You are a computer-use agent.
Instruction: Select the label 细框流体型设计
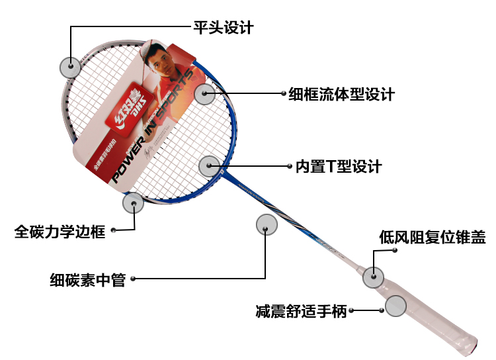pyautogui.click(x=341, y=94)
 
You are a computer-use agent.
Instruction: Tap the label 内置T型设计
pyautogui.click(x=338, y=166)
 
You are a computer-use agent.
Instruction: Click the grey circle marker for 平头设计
pyautogui.click(x=69, y=66)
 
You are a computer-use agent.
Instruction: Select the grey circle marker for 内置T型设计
pyautogui.click(x=209, y=165)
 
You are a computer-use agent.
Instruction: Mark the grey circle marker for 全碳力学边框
pyautogui.click(x=133, y=203)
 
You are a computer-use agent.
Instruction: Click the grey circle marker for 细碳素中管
pyautogui.click(x=266, y=225)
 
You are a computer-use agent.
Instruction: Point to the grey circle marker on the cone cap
pyautogui.click(x=373, y=277)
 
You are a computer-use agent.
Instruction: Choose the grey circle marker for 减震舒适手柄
pyautogui.click(x=395, y=306)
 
